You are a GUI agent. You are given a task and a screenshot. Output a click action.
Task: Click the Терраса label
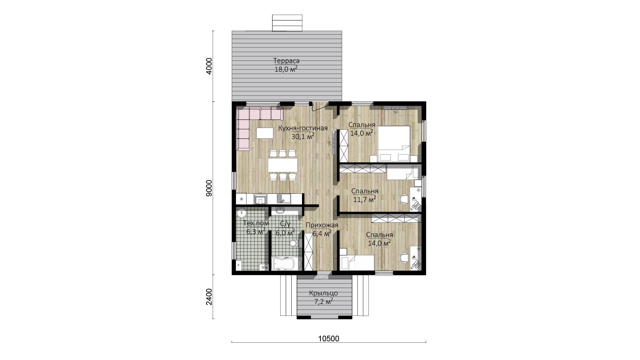286,61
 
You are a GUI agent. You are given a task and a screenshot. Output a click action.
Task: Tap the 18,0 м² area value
286,69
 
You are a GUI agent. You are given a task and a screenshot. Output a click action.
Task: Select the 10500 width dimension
329,339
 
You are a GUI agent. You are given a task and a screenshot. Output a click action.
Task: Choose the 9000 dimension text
209,188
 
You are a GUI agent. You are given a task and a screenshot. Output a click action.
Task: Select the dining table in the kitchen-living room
283,165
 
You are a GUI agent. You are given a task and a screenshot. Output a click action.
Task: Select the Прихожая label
322,225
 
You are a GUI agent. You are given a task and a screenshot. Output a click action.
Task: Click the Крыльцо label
323,293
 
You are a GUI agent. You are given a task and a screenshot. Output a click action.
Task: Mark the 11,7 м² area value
365,199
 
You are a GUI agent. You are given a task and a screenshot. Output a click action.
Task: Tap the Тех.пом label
256,223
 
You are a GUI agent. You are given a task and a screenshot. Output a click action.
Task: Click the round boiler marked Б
241,212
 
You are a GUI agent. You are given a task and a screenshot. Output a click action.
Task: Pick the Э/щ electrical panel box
264,267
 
